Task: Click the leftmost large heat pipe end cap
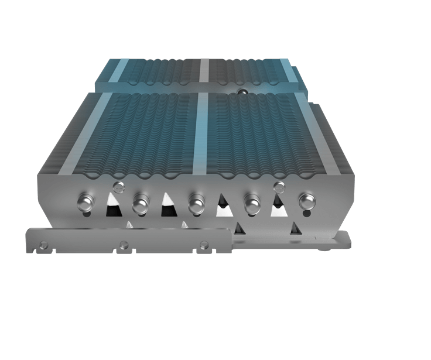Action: pos(85,203)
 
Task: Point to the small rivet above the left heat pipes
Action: pos(119,188)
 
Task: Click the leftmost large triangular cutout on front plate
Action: pos(111,204)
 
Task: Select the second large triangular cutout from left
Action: pos(167,204)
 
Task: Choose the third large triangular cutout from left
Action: pos(223,206)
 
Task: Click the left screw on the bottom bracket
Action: pos(43,244)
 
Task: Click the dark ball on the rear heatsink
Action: pos(240,92)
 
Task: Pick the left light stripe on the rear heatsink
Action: pos(121,70)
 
